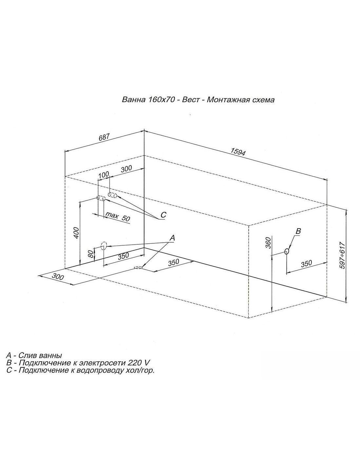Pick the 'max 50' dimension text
click(x=118, y=217)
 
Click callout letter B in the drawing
click(x=298, y=231)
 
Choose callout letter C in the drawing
click(x=163, y=215)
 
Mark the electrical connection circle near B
click(x=287, y=252)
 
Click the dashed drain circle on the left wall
click(x=104, y=245)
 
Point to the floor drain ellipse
click(x=139, y=268)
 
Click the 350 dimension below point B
click(x=306, y=264)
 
